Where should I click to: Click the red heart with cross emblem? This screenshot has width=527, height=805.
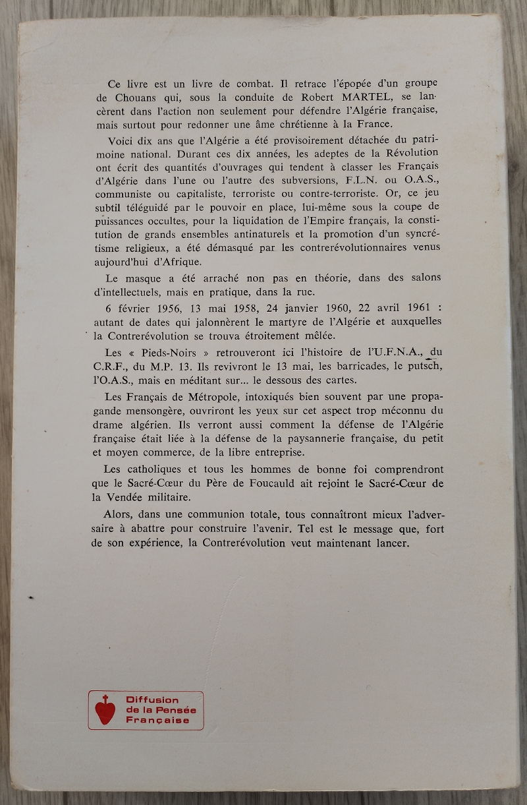pyautogui.click(x=101, y=709)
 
